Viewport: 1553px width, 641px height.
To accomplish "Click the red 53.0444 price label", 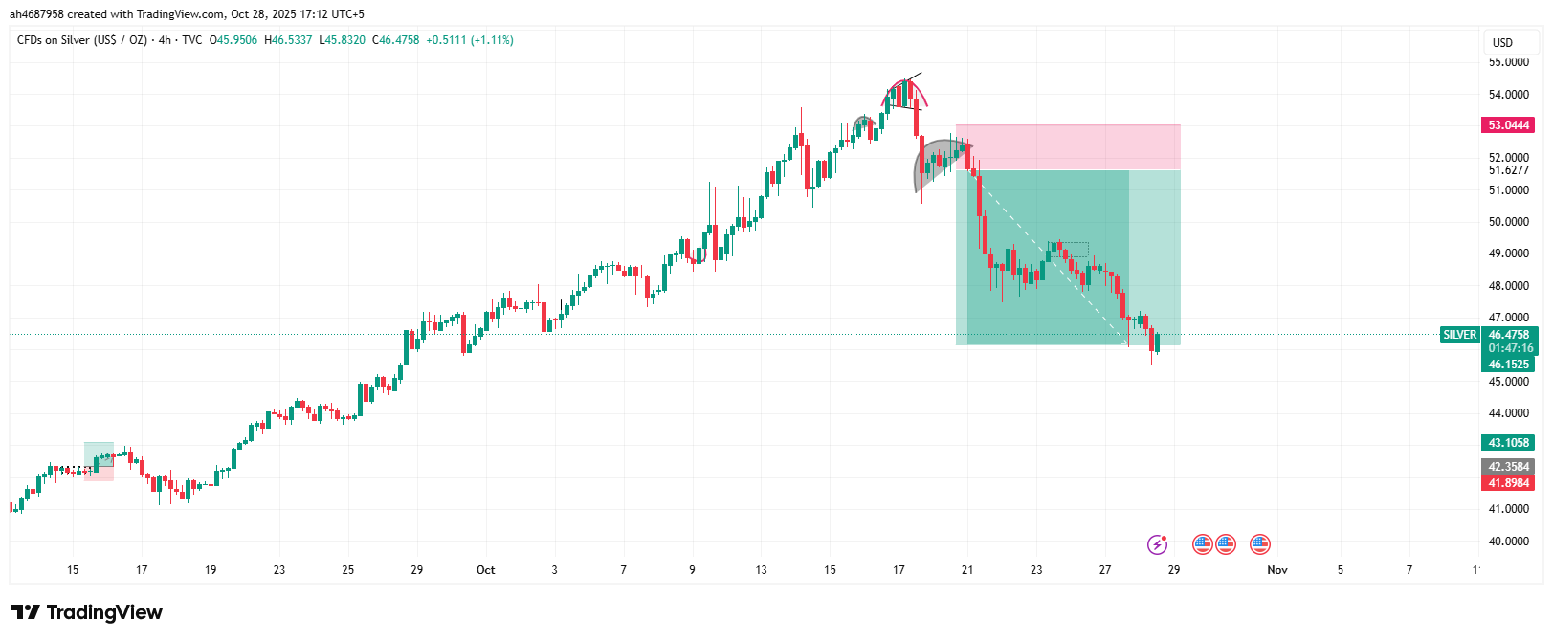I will pos(1508,125).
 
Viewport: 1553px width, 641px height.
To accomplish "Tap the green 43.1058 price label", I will pos(1508,443).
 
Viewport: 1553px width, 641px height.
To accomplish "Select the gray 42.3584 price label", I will pos(1508,467).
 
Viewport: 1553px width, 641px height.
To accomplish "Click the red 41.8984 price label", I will pos(1508,483).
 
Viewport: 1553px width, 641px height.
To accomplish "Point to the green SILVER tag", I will pos(1459,335).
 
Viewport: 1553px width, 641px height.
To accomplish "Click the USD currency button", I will pos(1502,42).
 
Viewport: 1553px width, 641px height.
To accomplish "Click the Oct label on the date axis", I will pos(486,570).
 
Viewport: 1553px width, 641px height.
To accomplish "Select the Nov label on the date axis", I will pos(1277,570).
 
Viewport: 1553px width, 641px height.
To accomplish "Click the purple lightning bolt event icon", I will pos(1157,544).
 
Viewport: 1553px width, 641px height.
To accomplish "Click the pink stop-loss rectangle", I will pos(1068,147).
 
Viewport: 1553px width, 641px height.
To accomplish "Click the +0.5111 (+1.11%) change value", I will pos(470,40).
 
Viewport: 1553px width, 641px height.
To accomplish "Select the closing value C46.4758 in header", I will pos(396,40).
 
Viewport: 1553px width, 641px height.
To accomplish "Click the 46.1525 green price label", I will pos(1508,365).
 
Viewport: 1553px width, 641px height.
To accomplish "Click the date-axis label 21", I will pos(967,570).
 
